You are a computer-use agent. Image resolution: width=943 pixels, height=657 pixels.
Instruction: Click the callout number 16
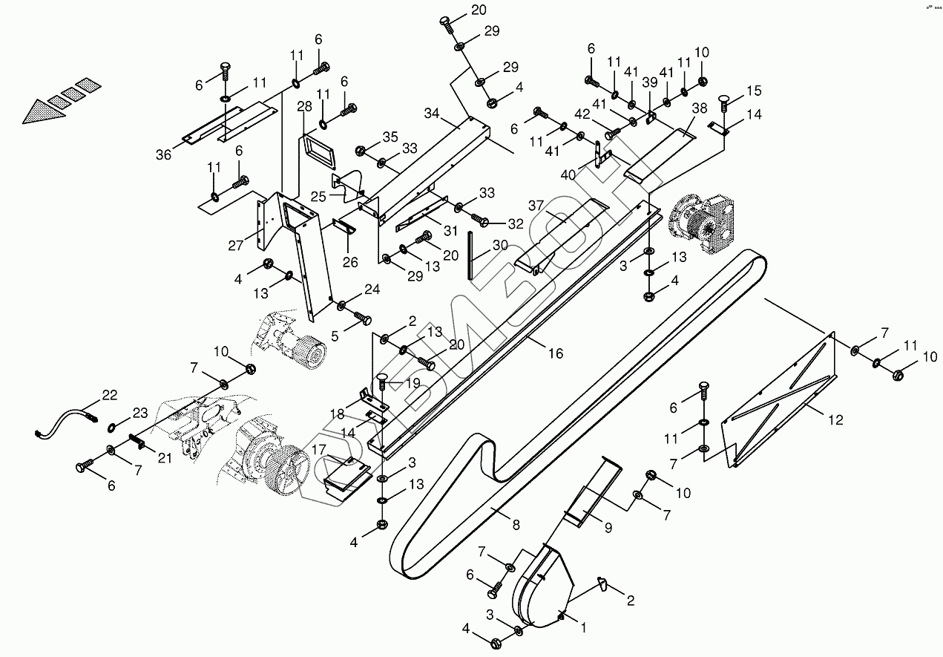click(556, 353)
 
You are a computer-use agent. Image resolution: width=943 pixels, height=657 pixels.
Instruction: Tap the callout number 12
click(835, 420)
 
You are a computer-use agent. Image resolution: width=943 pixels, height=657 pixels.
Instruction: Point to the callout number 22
click(110, 395)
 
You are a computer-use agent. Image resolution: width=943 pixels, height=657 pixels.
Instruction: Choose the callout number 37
click(536, 205)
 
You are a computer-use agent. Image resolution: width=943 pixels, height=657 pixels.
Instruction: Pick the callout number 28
click(305, 107)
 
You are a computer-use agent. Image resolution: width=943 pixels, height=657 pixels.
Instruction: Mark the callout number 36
click(163, 154)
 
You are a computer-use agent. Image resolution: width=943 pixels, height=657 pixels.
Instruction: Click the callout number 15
click(754, 91)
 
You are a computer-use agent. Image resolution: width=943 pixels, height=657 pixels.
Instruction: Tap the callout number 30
click(500, 245)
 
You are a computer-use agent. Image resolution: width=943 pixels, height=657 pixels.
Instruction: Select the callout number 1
click(583, 627)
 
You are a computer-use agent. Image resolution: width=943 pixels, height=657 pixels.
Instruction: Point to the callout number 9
click(608, 529)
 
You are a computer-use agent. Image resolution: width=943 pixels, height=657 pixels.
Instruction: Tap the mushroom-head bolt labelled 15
click(724, 101)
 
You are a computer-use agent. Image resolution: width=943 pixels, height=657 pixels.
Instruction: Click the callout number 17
click(319, 449)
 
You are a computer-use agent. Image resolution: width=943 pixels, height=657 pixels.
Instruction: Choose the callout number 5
click(335, 336)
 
